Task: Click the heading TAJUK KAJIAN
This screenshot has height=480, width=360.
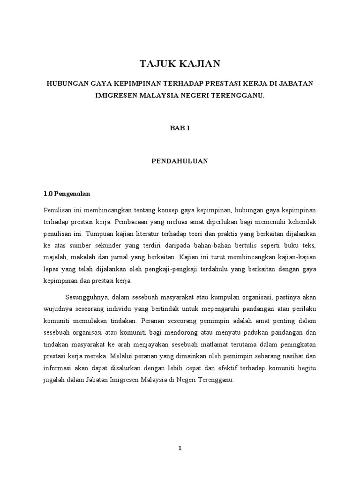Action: tap(180, 63)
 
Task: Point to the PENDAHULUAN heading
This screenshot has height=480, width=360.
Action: tap(180, 161)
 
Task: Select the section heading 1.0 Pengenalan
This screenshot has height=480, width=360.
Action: tap(67, 193)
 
